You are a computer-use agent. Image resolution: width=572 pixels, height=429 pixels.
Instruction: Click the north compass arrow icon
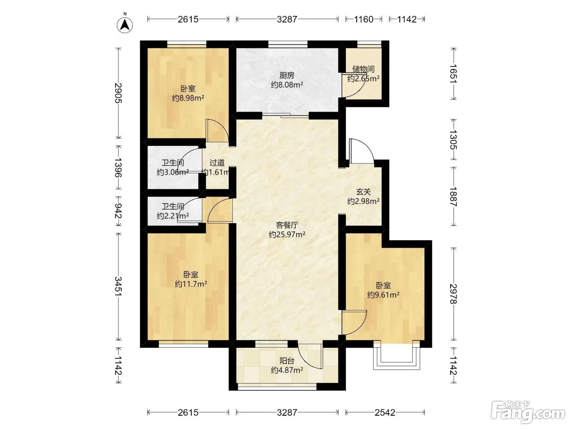coord(125,25)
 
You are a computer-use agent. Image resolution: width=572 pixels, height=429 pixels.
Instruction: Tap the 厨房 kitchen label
coord(287,76)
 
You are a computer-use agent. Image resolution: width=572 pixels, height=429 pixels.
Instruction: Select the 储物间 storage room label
coord(363,69)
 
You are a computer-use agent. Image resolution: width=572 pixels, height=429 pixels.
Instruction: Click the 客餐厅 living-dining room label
coord(287,225)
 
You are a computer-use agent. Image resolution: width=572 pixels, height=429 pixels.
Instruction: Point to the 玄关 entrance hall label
coord(363,192)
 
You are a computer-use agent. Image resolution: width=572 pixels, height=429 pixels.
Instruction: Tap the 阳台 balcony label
coord(287,361)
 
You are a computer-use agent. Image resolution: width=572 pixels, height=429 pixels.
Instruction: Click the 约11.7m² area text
coord(191,284)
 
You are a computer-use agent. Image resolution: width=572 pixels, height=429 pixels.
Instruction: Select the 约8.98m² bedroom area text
coord(188,98)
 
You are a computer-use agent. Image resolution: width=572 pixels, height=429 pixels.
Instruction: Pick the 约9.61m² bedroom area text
coord(383,295)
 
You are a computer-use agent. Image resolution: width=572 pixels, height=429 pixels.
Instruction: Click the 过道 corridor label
coord(217,163)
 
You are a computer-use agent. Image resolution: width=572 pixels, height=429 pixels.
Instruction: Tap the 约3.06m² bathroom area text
coord(173,172)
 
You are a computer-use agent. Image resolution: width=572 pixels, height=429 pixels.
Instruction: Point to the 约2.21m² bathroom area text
coord(173,216)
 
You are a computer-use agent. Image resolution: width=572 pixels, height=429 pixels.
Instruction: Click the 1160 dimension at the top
coord(364,19)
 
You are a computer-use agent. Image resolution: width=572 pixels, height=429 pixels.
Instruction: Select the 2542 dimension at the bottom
coord(385,413)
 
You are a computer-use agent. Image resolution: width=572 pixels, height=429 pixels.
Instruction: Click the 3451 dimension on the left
coord(118,286)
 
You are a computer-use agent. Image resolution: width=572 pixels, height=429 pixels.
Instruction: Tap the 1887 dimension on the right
coord(454,197)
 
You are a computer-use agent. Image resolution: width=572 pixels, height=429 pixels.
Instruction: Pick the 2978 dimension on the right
coord(454,294)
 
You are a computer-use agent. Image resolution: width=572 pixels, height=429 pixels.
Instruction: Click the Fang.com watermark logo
coord(528,412)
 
